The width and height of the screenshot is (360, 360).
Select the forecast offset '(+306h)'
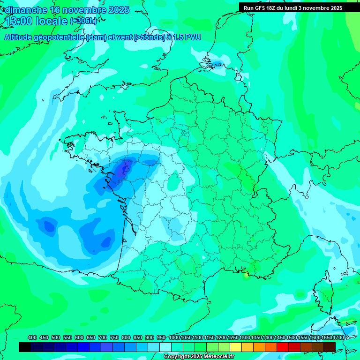[x=83, y=21]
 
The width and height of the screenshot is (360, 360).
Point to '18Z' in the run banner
[x=275, y=8]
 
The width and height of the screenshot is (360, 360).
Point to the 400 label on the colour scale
[x=32, y=337]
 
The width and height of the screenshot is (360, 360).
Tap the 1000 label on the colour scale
[x=174, y=337]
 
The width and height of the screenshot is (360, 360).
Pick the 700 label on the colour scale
[x=103, y=337]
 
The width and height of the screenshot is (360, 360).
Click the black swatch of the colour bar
[x=25, y=347]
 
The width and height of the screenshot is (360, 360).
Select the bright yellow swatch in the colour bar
[x=236, y=347]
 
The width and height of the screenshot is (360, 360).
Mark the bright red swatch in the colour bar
[x=283, y=347]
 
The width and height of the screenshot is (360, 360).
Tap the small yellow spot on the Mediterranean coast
[x=246, y=276]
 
